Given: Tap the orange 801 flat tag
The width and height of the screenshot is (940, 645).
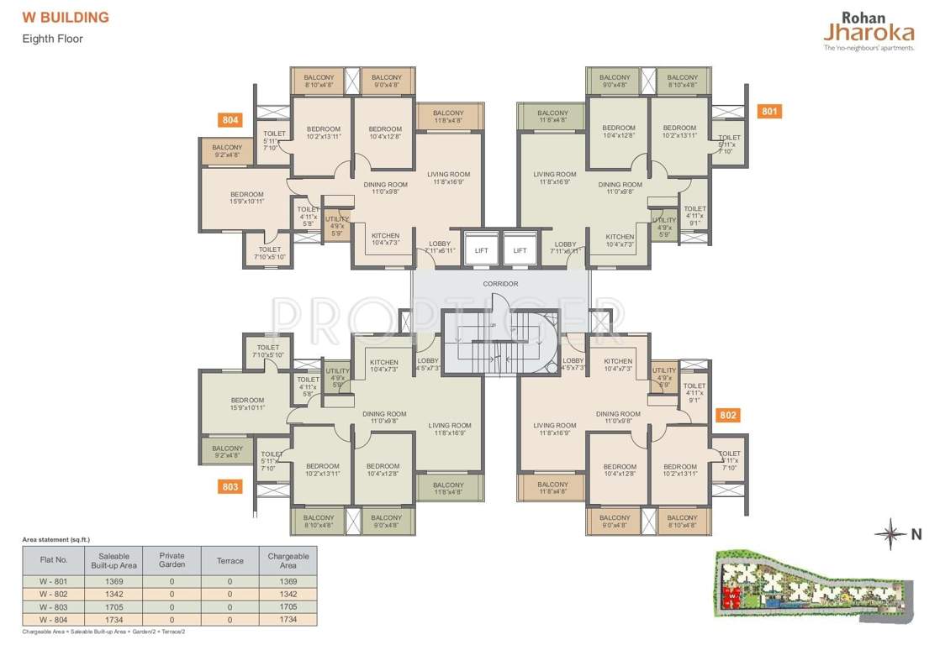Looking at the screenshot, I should click(x=769, y=111).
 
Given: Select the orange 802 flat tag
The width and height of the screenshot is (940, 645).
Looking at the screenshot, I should click(x=728, y=415).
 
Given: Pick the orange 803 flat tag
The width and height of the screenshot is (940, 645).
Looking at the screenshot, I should click(x=230, y=486).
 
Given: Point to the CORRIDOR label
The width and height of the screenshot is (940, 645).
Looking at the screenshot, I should click(x=500, y=284).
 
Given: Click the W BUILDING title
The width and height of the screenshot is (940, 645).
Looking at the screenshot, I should click(x=66, y=18).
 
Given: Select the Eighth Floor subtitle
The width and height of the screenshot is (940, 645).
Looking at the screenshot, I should click(x=53, y=39).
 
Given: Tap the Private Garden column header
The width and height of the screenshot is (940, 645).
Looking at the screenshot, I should click(x=172, y=560).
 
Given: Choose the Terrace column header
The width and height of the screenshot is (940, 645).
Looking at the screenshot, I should click(x=230, y=560).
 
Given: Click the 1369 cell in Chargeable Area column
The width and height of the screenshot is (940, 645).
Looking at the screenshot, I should click(x=288, y=581).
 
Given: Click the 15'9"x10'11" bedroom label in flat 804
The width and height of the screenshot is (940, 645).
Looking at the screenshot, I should click(x=247, y=197).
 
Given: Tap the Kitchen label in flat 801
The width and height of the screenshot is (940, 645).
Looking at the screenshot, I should click(x=620, y=239).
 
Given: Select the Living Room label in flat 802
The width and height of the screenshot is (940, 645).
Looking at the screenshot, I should click(x=554, y=429).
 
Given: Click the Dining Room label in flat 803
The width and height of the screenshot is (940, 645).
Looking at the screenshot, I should click(x=384, y=417).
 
